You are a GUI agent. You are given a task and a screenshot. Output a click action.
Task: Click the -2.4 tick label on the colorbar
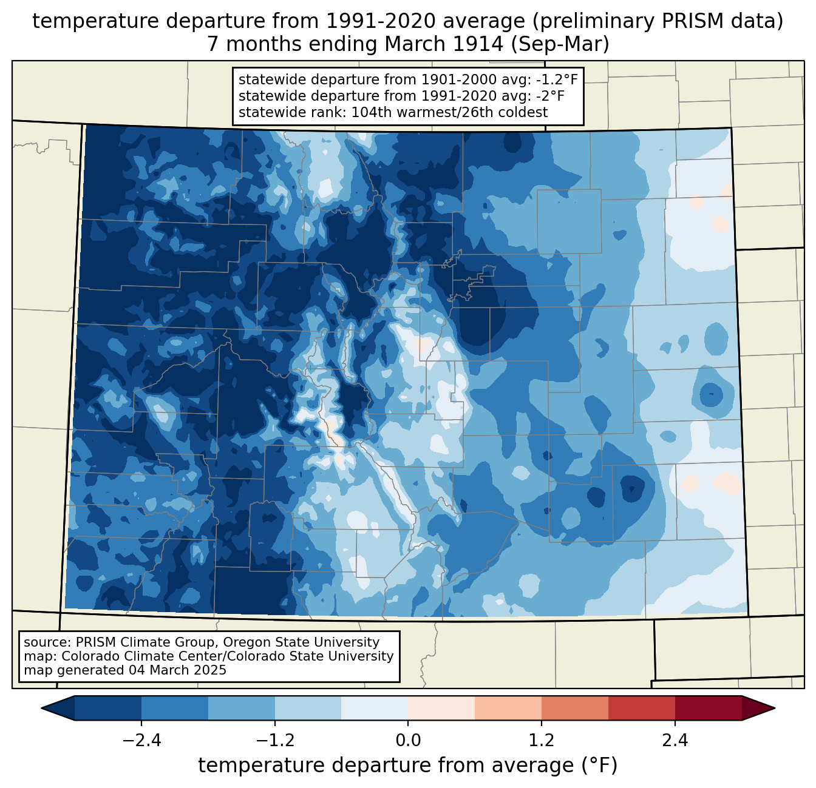141,740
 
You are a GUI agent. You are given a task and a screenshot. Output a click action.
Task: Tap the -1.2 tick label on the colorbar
275,740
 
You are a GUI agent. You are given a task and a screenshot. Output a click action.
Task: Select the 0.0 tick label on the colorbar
408,740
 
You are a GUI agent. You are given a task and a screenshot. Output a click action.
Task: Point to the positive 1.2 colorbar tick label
542,740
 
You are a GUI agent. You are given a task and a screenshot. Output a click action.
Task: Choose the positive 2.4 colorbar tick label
675,740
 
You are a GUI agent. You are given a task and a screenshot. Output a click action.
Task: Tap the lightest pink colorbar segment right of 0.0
441,708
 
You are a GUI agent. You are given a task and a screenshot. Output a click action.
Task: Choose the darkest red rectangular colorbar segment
708,708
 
